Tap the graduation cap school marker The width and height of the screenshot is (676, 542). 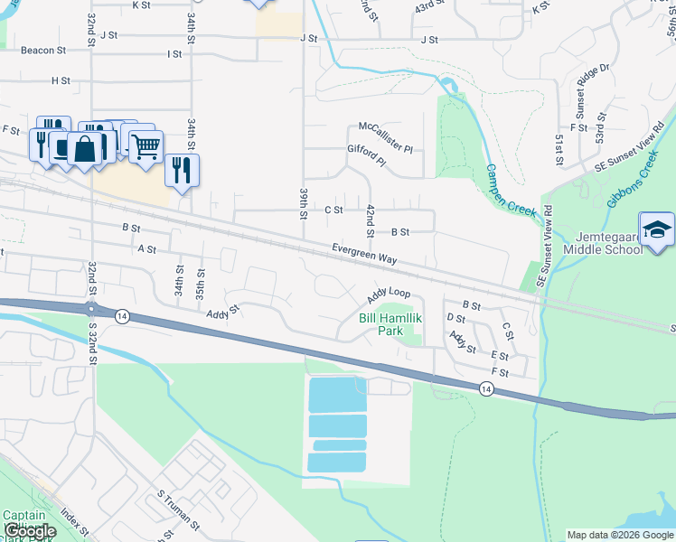coord(656,229)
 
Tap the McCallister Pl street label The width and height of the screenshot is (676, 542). coord(385,126)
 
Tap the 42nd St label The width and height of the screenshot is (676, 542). coord(370,221)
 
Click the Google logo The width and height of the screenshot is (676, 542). coord(30,531)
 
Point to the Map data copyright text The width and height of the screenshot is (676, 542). coord(619,535)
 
